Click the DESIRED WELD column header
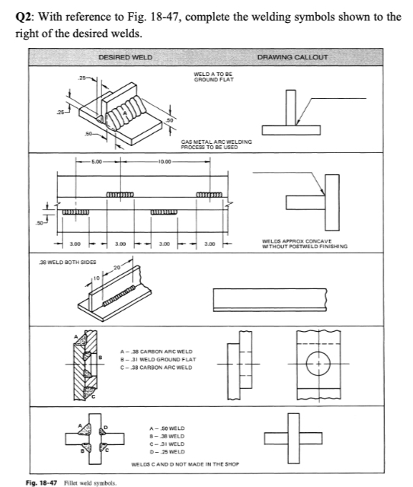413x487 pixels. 125,58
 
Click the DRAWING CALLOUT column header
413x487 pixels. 293,58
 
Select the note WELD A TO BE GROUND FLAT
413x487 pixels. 213,77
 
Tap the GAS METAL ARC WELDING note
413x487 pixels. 216,145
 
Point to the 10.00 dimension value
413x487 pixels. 165,161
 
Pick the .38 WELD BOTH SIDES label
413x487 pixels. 68,262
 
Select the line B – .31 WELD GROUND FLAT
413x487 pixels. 158,359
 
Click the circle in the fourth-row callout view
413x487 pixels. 319,352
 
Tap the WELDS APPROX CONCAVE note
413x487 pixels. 296,241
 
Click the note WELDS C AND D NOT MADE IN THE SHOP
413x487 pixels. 185,464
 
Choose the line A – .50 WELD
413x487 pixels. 167,428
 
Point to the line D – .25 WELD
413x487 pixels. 167,452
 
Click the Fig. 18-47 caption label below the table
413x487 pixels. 41,482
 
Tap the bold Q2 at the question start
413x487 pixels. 25,17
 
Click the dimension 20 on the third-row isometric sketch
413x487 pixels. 117,267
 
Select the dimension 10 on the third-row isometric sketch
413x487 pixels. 97,278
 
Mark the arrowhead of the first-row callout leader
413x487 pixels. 298,123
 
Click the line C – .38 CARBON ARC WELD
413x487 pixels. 156,368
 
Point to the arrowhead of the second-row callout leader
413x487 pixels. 323,193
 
